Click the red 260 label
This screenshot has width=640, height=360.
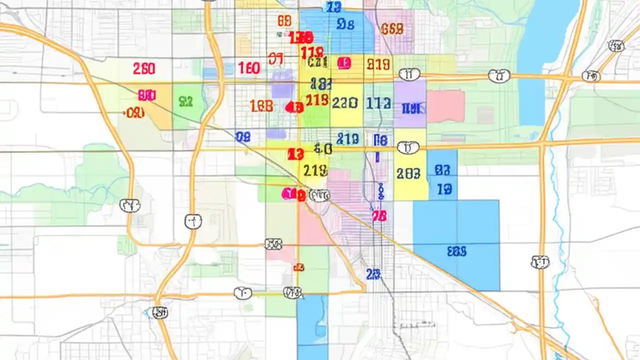(144, 68)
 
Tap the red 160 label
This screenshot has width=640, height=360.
(249, 68)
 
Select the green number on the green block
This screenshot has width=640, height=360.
(185, 102)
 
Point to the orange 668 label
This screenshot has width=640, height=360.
(391, 29)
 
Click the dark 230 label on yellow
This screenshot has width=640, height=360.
(344, 103)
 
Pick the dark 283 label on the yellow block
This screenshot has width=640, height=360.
(408, 173)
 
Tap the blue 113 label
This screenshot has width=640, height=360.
(378, 103)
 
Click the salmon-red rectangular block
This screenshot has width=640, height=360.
(445, 106)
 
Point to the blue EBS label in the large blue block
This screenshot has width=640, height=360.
(456, 251)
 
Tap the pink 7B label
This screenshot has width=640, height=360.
(379, 216)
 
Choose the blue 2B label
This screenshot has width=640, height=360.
(373, 274)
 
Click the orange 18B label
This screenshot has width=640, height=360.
(261, 105)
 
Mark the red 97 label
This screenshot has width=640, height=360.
(275, 59)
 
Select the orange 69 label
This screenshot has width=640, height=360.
(284, 21)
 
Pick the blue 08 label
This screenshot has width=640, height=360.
(242, 136)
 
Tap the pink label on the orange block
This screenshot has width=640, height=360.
(147, 95)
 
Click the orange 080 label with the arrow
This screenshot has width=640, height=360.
(135, 113)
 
